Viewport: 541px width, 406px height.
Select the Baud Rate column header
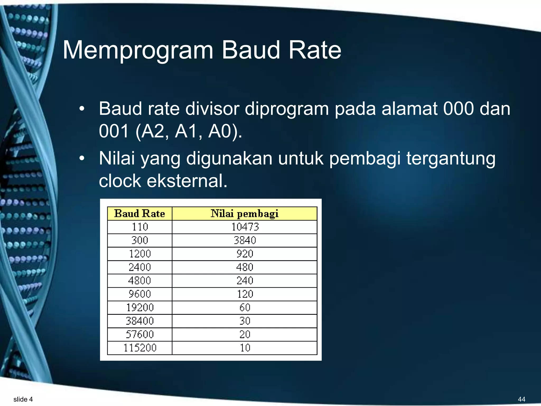[x=139, y=214]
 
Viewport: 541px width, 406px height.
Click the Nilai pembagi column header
[x=244, y=214]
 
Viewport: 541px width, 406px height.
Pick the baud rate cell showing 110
[x=140, y=227]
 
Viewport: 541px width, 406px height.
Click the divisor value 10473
[x=245, y=227]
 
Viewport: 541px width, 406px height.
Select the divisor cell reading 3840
[x=245, y=240]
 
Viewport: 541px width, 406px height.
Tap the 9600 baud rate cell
[x=140, y=294]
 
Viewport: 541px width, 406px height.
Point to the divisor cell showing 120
[x=245, y=294]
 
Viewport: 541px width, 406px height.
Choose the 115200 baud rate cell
[x=140, y=348]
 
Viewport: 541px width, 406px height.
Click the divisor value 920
[x=245, y=254]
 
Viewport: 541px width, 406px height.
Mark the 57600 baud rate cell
[x=140, y=334]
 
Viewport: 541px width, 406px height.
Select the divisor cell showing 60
[x=245, y=307]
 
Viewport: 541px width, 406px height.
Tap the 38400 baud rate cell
[x=140, y=321]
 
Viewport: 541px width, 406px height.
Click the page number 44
[x=521, y=399]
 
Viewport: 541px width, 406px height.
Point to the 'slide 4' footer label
[x=23, y=399]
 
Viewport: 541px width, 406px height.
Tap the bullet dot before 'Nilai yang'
[x=82, y=159]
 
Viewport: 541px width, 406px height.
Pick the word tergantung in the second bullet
[x=451, y=159]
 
